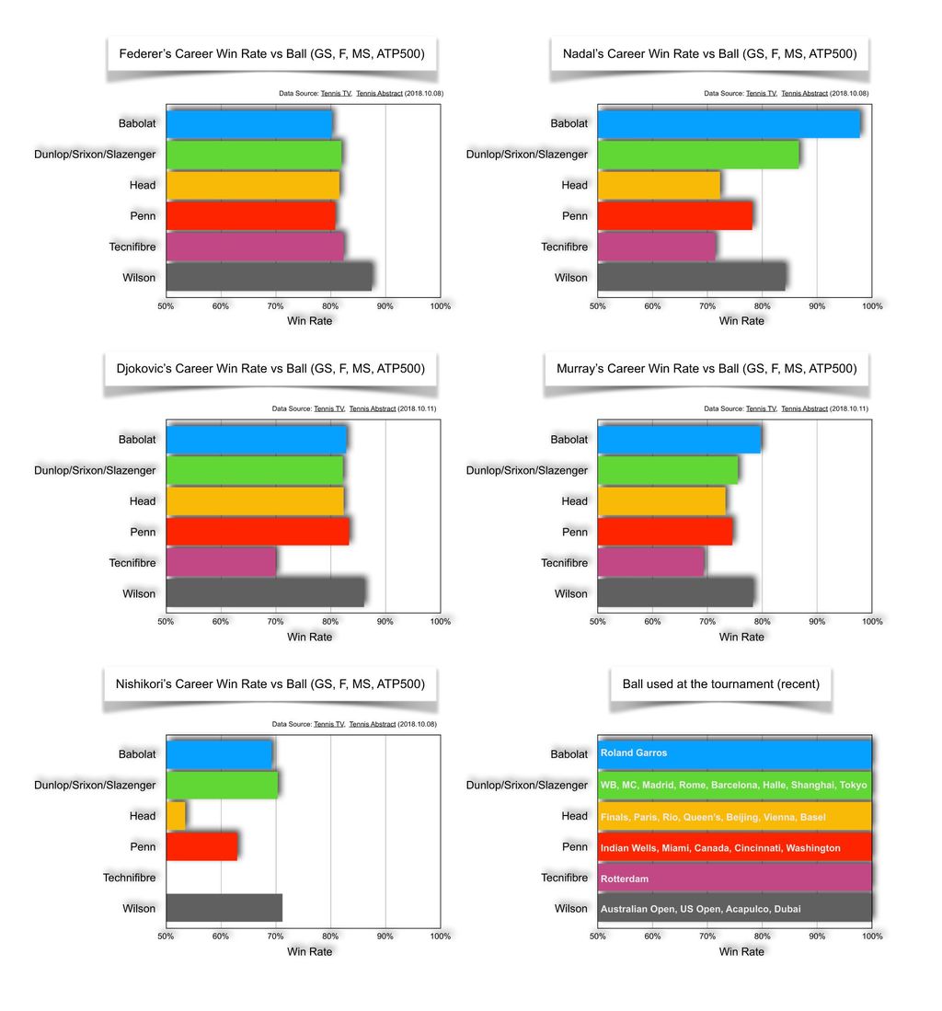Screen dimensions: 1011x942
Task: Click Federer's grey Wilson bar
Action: tap(269, 277)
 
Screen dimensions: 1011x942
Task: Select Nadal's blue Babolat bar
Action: tap(728, 123)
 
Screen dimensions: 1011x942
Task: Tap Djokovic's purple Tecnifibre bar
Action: tap(221, 562)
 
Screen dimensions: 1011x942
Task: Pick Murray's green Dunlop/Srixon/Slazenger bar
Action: tap(667, 470)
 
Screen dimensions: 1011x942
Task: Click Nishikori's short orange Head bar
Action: tap(176, 815)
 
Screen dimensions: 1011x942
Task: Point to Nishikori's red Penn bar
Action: tap(201, 846)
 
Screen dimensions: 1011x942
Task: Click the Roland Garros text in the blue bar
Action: tap(634, 753)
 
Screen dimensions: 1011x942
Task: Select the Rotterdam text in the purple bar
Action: tap(625, 879)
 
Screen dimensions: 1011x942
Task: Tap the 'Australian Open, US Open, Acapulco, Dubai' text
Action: tap(700, 909)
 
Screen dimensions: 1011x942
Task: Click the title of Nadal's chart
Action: tap(709, 54)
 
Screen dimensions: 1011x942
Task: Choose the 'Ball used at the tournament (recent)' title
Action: tap(720, 684)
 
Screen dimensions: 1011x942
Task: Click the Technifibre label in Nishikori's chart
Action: tap(129, 878)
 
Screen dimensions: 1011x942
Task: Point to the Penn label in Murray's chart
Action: tap(574, 532)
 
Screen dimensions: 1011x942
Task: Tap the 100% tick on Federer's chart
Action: tap(439, 305)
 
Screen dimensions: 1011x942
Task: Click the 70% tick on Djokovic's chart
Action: tap(276, 622)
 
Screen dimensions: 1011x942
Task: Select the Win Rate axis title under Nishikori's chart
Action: tap(309, 951)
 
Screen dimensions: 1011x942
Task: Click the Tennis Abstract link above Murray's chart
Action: tap(804, 408)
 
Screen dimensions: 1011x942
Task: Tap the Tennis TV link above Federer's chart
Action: tap(334, 93)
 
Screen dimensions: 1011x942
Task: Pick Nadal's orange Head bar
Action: tap(658, 185)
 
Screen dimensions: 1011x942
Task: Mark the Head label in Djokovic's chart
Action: tap(143, 501)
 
